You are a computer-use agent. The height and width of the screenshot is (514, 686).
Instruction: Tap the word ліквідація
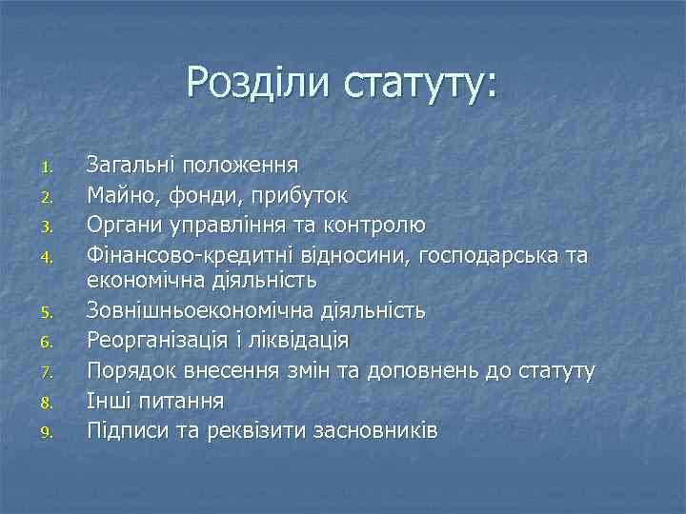pos(298,341)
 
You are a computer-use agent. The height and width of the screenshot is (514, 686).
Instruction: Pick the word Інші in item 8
pos(108,400)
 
